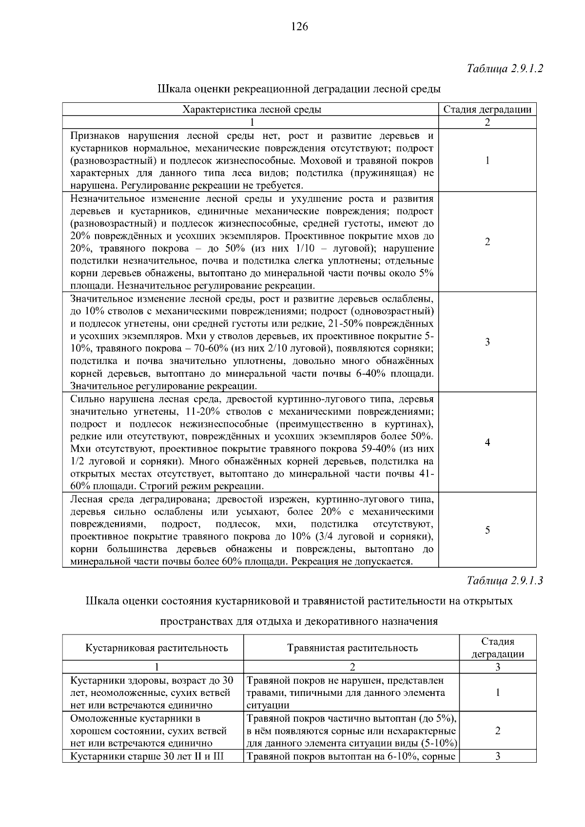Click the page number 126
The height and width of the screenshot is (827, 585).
tap(299, 27)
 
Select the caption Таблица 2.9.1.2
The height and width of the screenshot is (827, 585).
tap(505, 68)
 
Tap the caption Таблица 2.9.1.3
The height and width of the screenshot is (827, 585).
tap(505, 580)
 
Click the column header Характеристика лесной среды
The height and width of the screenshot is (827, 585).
tap(252, 109)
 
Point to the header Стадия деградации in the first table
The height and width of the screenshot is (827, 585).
tap(487, 109)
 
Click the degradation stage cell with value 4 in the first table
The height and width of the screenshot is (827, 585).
tap(487, 442)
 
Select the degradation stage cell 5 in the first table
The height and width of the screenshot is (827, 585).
tap(487, 530)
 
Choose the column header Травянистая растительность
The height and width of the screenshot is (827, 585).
tap(352, 648)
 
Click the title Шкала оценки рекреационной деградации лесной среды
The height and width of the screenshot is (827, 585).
tap(299, 89)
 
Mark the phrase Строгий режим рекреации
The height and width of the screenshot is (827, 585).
tap(202, 486)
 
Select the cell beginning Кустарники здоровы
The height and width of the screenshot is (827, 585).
tap(152, 692)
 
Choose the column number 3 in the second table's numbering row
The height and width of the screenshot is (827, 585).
tap(497, 667)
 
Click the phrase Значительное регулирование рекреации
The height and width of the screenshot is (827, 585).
tap(163, 386)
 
